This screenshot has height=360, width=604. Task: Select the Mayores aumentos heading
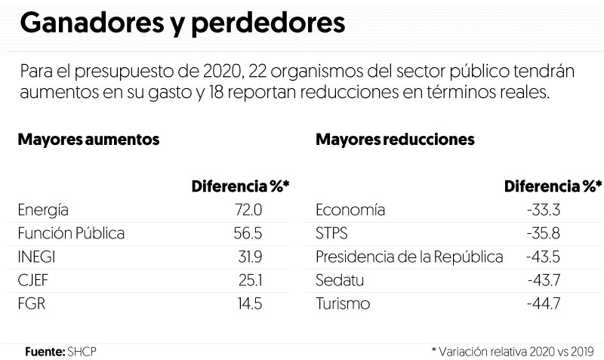(88, 140)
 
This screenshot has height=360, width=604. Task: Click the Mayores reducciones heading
(395, 140)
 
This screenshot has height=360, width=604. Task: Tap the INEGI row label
(35, 257)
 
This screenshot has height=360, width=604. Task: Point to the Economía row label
(350, 210)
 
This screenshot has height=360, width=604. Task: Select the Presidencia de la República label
(409, 257)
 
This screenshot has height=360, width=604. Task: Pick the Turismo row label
(344, 304)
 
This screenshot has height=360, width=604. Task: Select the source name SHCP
(82, 351)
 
